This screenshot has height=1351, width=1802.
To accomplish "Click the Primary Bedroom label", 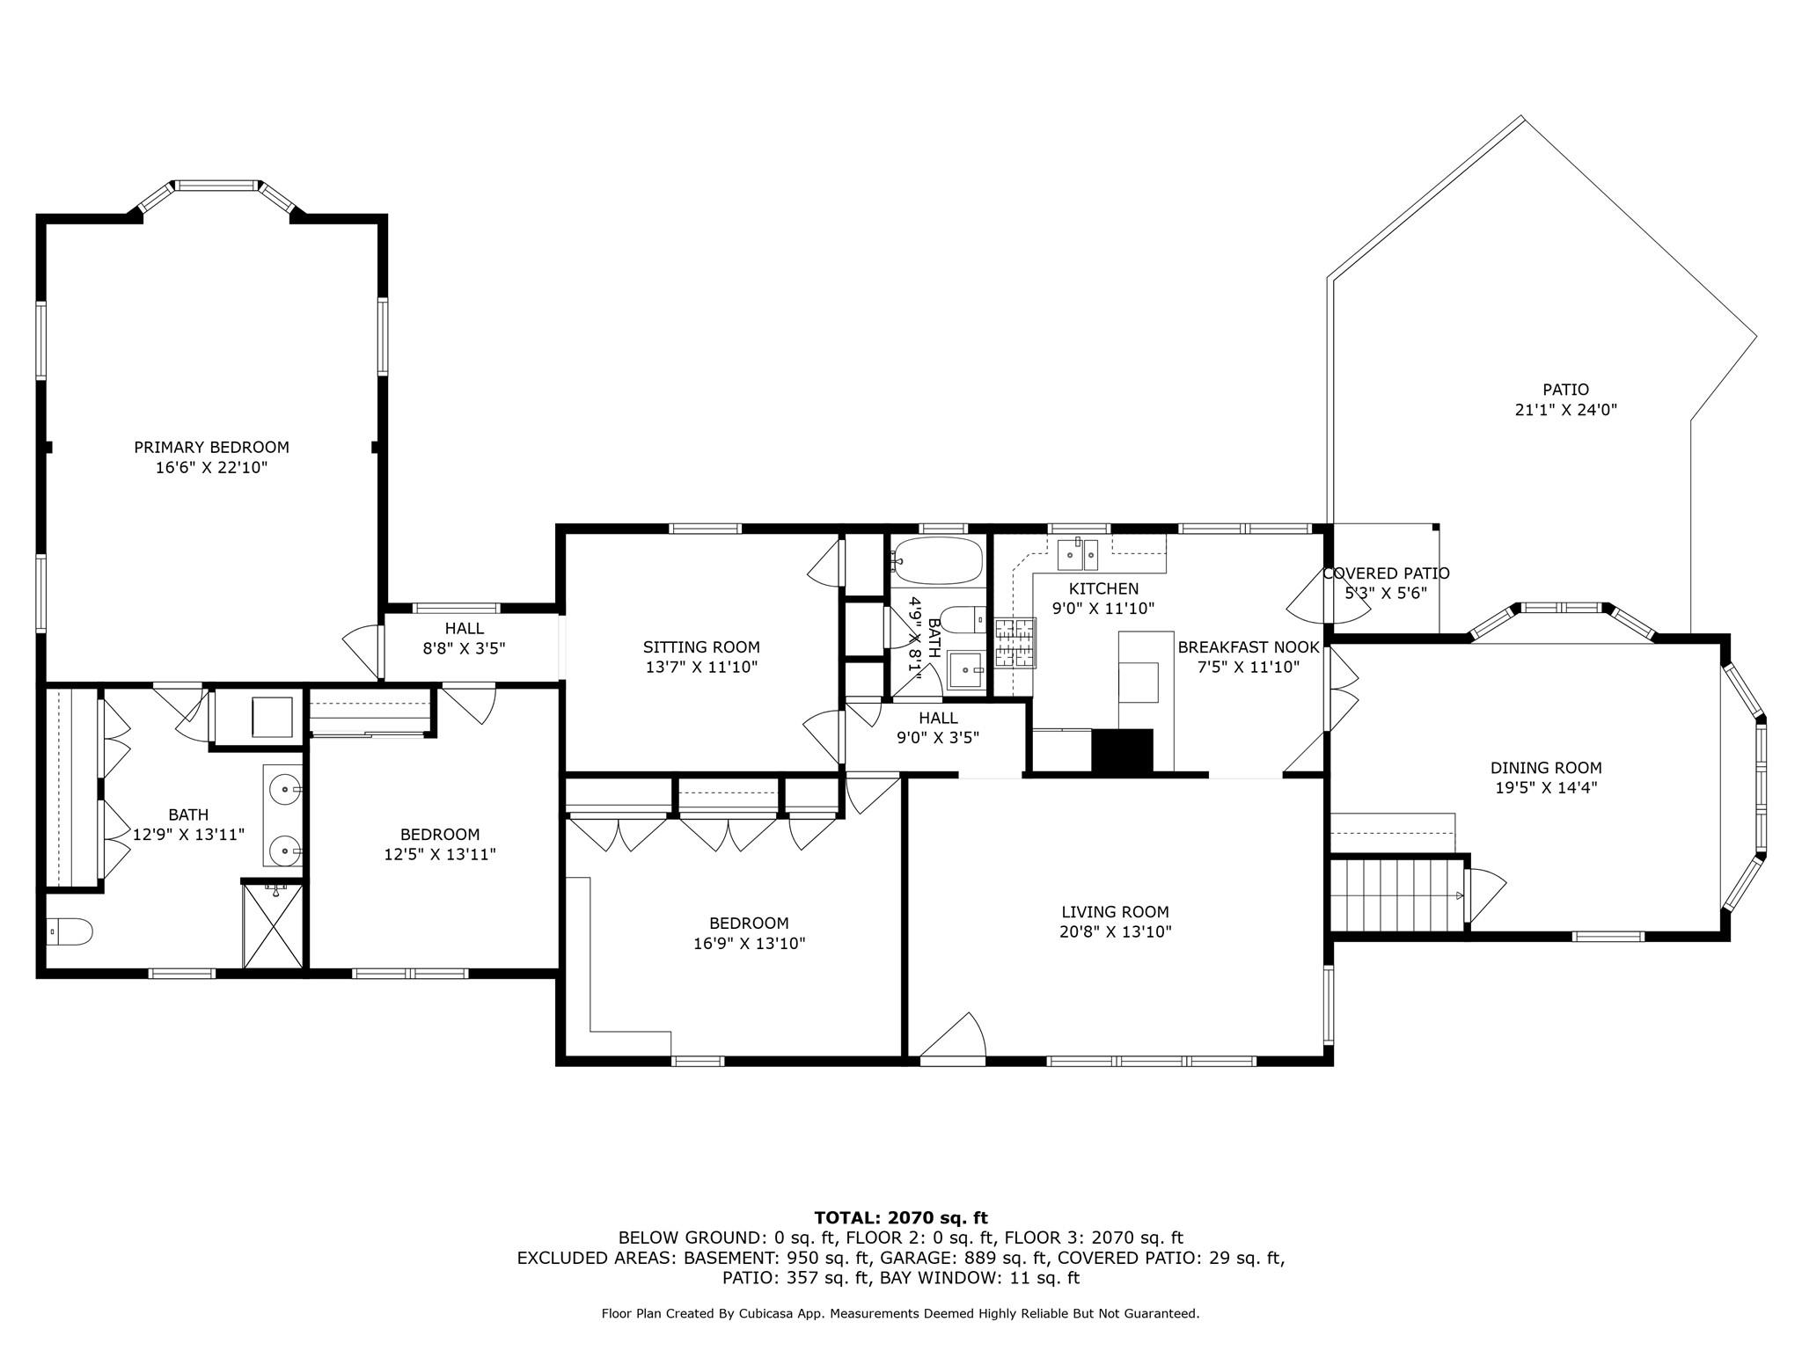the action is [211, 447].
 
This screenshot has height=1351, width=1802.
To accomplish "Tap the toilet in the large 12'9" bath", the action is [69, 932].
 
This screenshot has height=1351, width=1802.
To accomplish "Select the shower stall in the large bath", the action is [273, 925].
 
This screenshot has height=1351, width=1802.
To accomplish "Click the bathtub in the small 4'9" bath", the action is [937, 560].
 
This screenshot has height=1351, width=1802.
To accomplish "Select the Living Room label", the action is [1115, 912].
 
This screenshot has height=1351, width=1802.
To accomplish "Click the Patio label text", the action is [1565, 390].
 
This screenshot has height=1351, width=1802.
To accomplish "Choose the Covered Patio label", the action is [1387, 573].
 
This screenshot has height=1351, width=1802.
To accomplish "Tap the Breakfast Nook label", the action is [1249, 647].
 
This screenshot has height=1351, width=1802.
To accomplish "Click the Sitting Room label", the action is [701, 647].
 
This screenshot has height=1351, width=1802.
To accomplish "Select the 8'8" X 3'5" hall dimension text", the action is [464, 649].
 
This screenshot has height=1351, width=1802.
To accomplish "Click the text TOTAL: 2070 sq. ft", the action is [901, 1218].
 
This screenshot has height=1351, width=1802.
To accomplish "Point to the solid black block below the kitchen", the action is [1122, 751].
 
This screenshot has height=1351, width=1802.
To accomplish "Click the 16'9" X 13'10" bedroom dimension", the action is [750, 944].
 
